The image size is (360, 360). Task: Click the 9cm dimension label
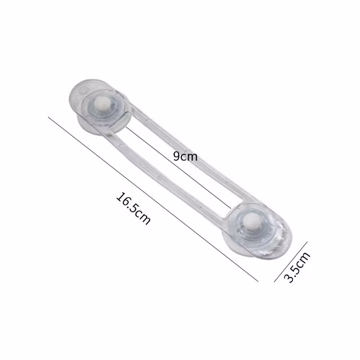tap(185, 157)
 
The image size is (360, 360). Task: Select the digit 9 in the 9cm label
tap(177, 156)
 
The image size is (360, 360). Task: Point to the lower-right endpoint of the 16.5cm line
tap(258, 281)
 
